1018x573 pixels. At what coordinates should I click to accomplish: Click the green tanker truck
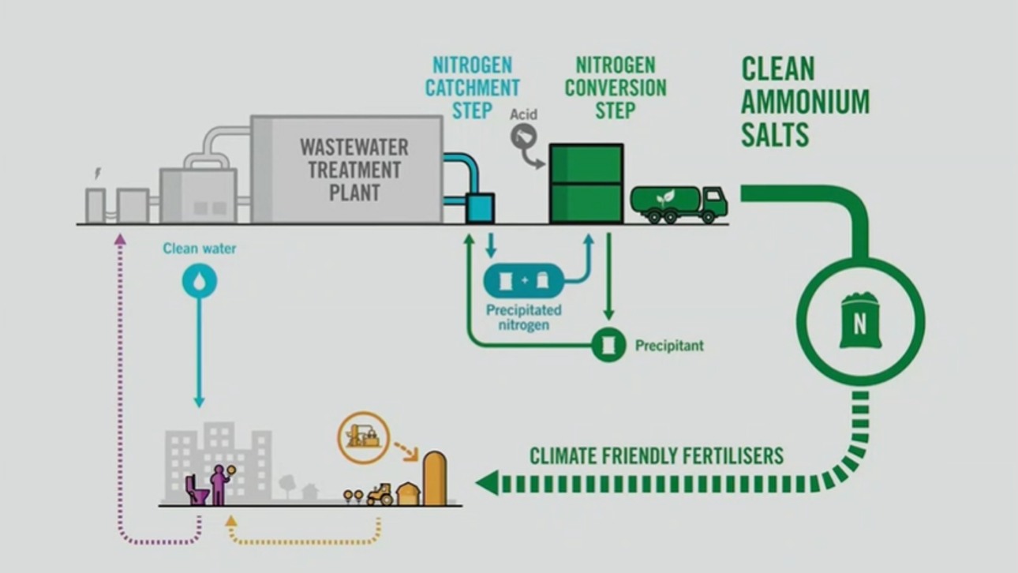(x=678, y=204)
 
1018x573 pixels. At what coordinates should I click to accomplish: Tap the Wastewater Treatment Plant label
(x=354, y=170)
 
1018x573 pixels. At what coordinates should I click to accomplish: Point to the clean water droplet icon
(x=199, y=280)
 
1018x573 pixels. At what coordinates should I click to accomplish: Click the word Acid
(x=523, y=114)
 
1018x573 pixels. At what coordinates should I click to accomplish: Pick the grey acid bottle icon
(x=522, y=140)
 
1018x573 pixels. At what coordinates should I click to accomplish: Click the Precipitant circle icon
(x=608, y=345)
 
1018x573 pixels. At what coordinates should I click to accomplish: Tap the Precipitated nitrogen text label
(x=524, y=317)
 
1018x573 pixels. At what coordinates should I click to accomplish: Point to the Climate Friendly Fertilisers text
(x=657, y=456)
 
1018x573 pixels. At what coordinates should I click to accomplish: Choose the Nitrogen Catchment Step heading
(x=472, y=88)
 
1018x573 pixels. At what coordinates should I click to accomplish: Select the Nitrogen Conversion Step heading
(x=616, y=88)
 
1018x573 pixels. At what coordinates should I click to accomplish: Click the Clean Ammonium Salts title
(x=805, y=103)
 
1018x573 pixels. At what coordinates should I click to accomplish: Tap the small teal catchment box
(x=480, y=208)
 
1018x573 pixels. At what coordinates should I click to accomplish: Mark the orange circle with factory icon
(x=364, y=436)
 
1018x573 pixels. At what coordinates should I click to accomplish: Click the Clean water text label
(x=200, y=249)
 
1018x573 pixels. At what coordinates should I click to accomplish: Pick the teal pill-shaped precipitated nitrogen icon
(x=524, y=281)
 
